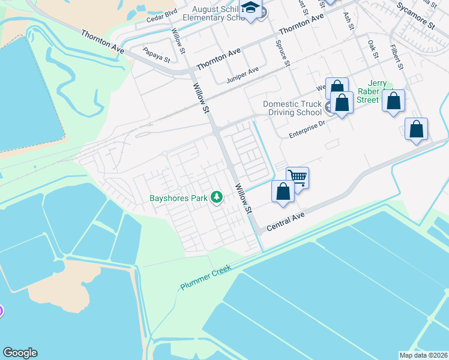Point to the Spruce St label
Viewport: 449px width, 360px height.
[283, 53]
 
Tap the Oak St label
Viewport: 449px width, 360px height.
[373, 49]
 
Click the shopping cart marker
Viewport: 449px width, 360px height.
[297, 177]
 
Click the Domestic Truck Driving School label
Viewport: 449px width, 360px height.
[292, 108]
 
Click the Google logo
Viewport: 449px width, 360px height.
[20, 353]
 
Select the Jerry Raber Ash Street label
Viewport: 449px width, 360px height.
[368, 91]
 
